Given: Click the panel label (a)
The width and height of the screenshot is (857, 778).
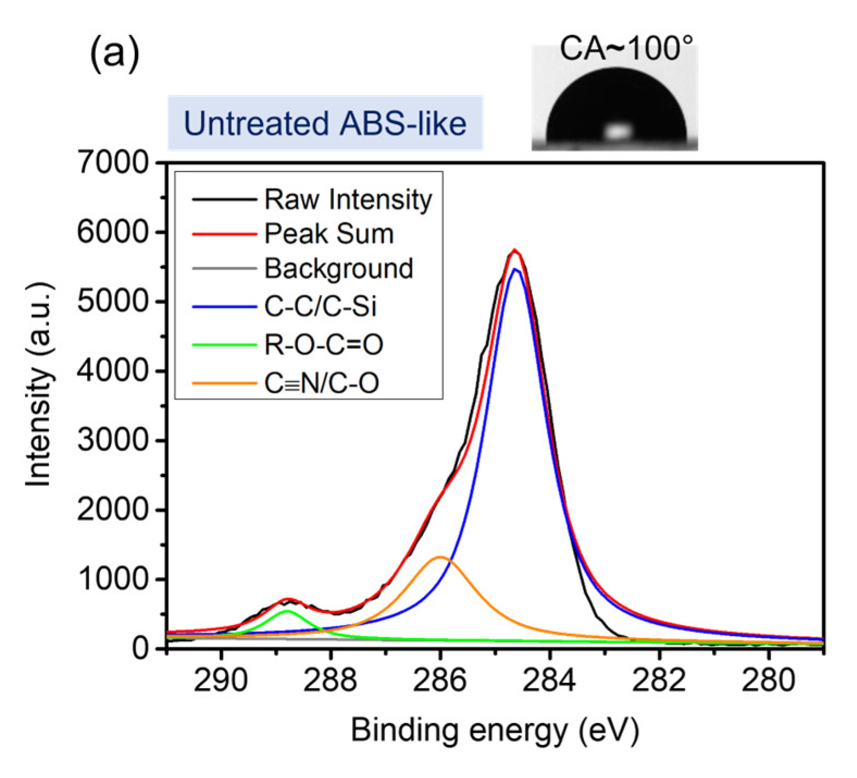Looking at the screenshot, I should pos(115,54).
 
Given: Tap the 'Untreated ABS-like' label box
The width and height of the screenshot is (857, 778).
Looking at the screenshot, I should pos(325,123).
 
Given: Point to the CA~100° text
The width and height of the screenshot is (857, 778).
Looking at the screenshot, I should pos(626,48).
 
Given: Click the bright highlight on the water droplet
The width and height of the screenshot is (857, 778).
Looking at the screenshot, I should pos(617,131).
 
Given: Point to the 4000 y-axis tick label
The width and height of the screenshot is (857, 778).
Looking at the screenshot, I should pos(112,371).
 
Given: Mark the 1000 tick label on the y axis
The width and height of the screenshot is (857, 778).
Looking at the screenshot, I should pos(112,579).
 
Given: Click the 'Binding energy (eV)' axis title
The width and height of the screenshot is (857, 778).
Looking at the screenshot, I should pos(495,730).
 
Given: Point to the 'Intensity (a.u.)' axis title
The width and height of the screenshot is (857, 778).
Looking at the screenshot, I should pos(39,385).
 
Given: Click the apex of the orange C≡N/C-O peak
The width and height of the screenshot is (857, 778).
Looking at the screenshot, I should pos(440,557).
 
